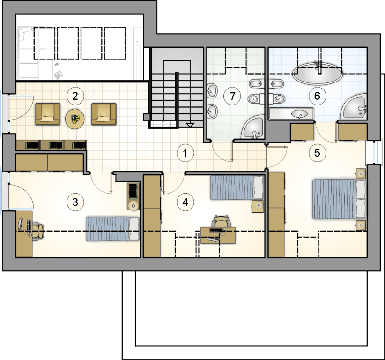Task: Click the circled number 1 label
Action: click(185, 153)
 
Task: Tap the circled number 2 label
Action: click(75, 96)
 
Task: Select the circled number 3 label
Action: click(75, 202)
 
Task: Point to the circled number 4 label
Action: click(185, 202)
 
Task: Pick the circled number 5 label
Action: click(317, 153)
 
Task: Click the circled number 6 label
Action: click(317, 96)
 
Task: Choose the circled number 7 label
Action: click(232, 96)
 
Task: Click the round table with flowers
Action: click(75, 119)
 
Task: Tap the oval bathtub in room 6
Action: click(317, 74)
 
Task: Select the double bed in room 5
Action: click(339, 199)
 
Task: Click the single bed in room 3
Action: click(112, 229)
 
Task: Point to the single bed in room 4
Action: click(237, 187)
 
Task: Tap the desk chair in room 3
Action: click(38, 231)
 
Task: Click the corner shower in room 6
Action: click(354, 106)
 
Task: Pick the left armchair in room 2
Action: click(48, 114)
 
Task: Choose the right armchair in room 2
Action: click(104, 114)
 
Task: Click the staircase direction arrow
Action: click(190, 125)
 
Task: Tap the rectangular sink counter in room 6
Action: click(291, 114)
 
